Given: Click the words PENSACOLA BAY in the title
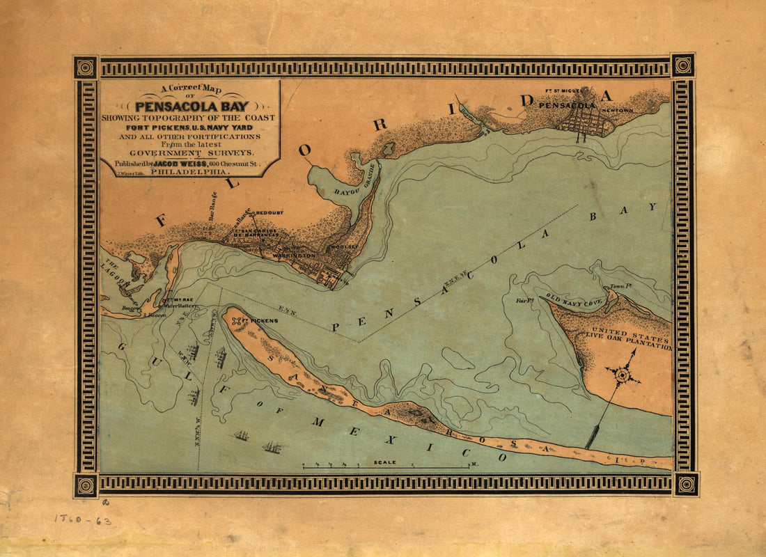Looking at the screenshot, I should tap(189, 107).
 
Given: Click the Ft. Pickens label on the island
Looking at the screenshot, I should tap(264, 320).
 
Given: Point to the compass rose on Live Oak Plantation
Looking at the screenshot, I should tap(623, 375).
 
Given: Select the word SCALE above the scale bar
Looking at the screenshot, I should tap(385, 462).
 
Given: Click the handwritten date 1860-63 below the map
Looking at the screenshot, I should tap(83, 520).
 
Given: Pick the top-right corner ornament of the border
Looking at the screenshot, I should tap(683, 66).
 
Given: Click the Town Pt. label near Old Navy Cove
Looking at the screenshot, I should tap(619, 286).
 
